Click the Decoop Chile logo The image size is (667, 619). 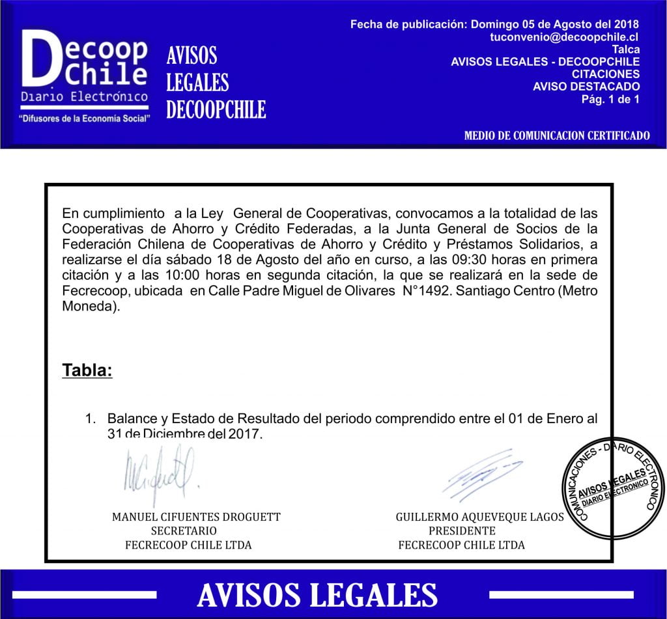pyautogui.click(x=85, y=75)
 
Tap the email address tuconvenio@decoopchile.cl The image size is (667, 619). pyautogui.click(x=564, y=38)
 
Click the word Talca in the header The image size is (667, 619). pyautogui.click(x=625, y=49)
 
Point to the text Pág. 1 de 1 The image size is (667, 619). pyautogui.click(x=610, y=99)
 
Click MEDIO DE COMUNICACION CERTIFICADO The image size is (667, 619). pyautogui.click(x=557, y=136)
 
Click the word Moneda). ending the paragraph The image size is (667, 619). pyautogui.click(x=92, y=307)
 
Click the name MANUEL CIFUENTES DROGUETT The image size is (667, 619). pyautogui.click(x=196, y=517)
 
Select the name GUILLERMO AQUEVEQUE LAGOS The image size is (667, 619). pyautogui.click(x=480, y=517)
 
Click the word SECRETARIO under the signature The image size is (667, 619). pyautogui.click(x=184, y=531)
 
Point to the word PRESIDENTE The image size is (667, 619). pyautogui.click(x=462, y=531)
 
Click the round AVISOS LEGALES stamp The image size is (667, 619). pyautogui.click(x=614, y=488)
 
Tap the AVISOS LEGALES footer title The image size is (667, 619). pyautogui.click(x=317, y=595)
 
